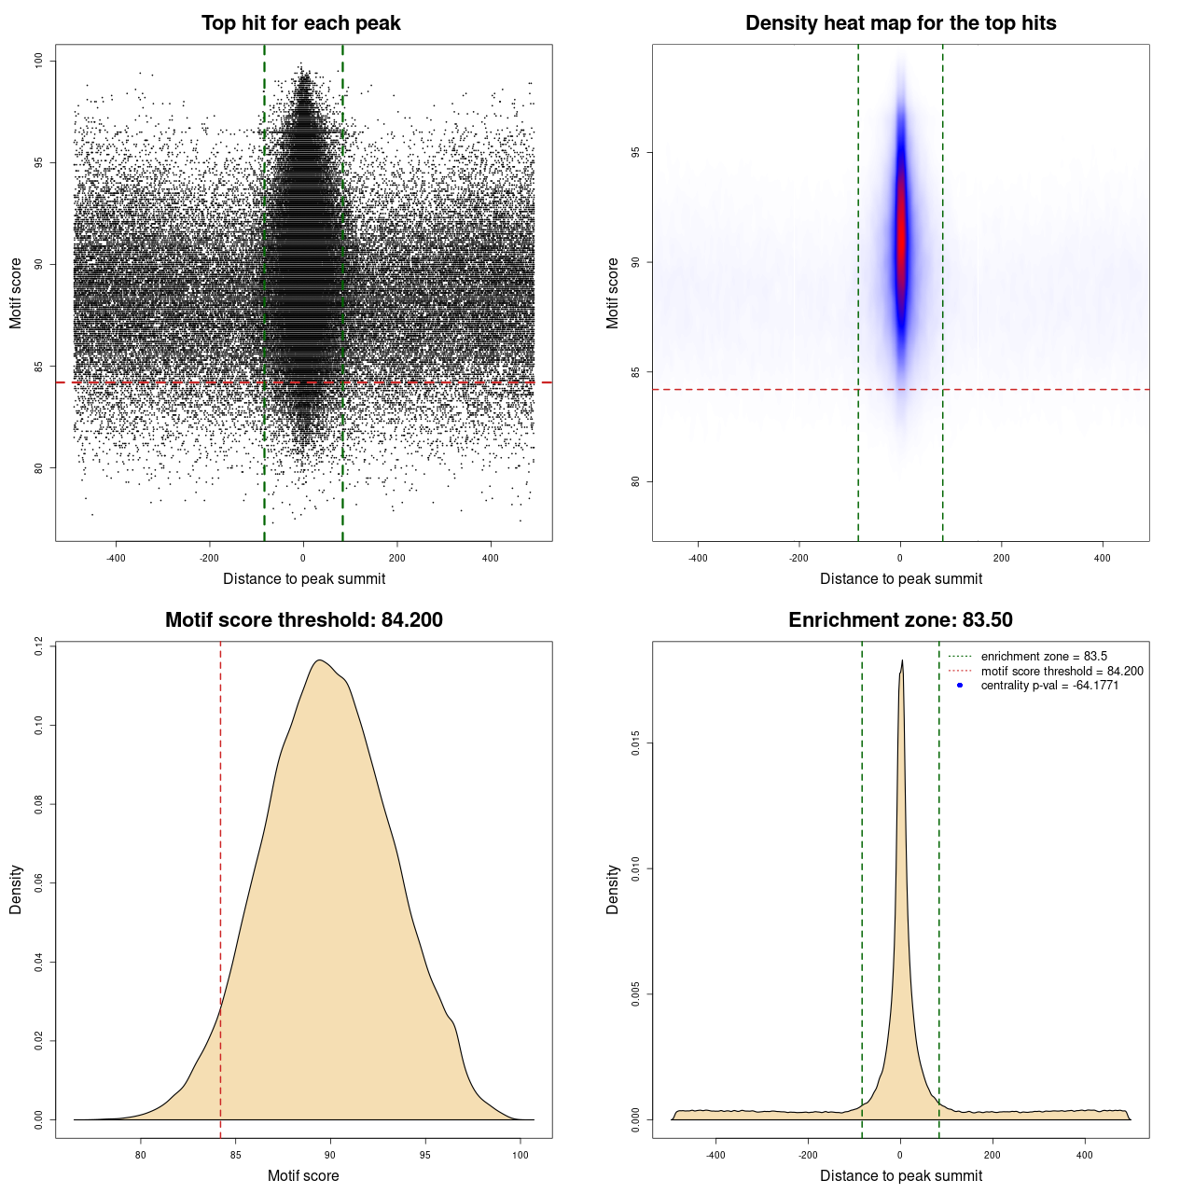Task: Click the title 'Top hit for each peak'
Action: (300, 23)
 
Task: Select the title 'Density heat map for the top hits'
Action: (900, 23)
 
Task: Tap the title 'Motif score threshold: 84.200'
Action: (303, 620)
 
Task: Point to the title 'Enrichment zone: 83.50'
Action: (900, 620)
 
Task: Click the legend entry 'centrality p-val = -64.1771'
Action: (1049, 686)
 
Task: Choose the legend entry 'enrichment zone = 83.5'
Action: (1044, 657)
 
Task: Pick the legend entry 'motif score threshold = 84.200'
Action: (1062, 672)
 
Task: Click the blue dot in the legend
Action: (960, 686)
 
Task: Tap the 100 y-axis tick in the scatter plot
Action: (39, 61)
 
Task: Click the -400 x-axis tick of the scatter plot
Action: (116, 558)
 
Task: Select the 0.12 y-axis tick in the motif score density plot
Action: (39, 646)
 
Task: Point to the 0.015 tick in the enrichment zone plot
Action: (636, 743)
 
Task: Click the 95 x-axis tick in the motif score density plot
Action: (425, 1155)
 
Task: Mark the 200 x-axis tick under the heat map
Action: (1001, 558)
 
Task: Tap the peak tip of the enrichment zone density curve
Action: (902, 661)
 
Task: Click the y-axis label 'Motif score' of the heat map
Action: (613, 293)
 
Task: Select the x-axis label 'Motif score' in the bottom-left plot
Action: (303, 1175)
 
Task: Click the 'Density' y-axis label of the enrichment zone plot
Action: (613, 889)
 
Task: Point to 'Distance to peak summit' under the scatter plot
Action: (304, 578)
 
